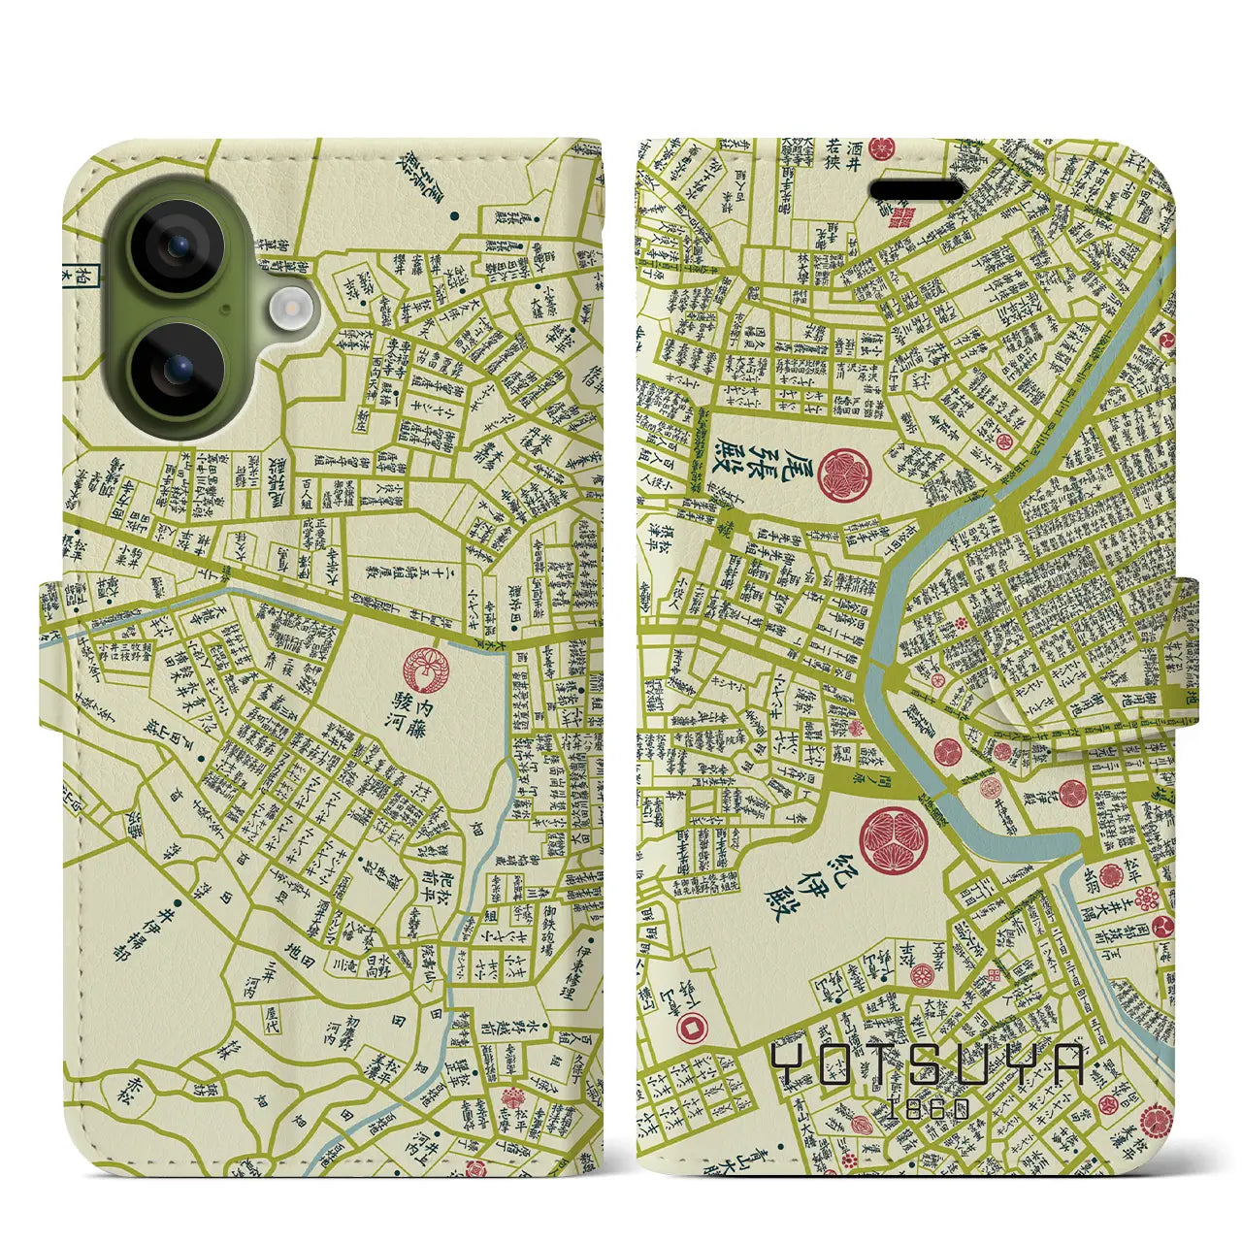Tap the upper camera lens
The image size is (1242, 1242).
pos(178,245)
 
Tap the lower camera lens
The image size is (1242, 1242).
pos(178,368)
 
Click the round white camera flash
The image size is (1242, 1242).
pos(288,310)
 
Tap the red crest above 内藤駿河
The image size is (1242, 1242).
pos(424,668)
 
